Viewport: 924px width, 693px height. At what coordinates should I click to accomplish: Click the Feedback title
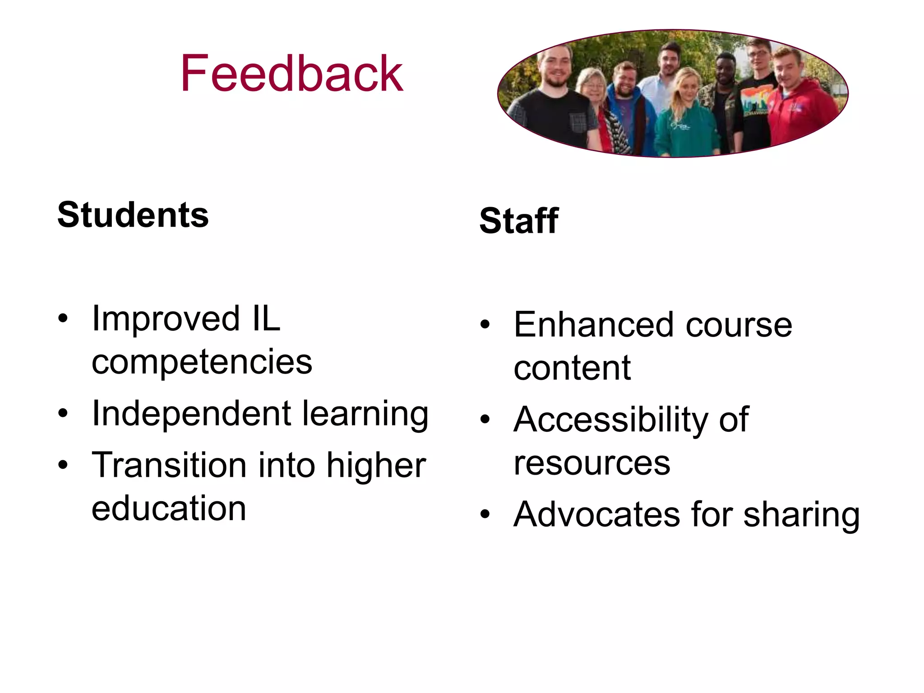[291, 73]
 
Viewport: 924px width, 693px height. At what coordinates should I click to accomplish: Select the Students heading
[133, 215]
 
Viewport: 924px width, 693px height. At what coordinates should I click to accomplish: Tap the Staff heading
[519, 221]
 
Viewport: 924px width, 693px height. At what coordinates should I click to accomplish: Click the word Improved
[166, 319]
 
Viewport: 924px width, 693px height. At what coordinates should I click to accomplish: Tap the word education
[169, 508]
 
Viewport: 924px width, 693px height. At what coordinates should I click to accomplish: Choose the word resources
[592, 463]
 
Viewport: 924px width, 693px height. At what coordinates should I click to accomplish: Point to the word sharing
[801, 515]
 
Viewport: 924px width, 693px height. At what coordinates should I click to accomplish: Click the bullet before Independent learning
[63, 413]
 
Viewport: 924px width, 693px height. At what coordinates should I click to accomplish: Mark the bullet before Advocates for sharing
[485, 514]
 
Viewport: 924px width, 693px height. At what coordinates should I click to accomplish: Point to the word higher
[376, 465]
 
